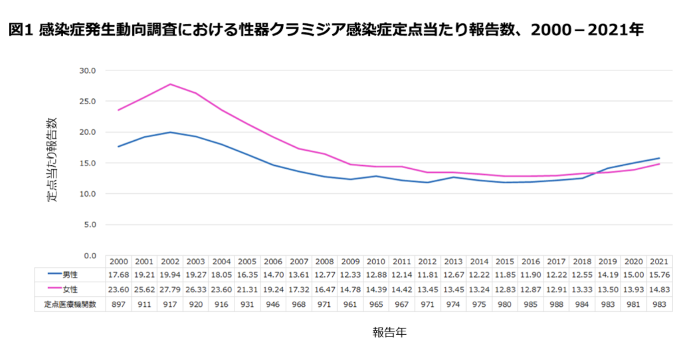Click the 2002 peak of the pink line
click(170, 84)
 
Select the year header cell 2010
click(376, 261)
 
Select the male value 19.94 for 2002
click(170, 274)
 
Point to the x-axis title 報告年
click(389, 333)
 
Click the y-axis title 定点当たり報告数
click(52, 159)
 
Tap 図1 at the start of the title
click(21, 31)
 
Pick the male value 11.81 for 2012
click(427, 274)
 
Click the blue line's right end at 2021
click(658, 158)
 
